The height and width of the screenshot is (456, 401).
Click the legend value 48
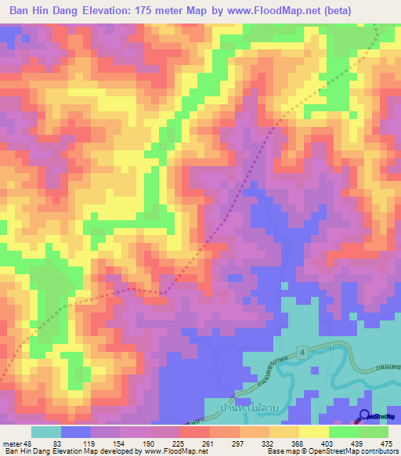click(x=31, y=443)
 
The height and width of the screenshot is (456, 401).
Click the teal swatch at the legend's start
click(x=46, y=432)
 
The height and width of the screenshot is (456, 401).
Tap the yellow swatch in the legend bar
click(x=313, y=432)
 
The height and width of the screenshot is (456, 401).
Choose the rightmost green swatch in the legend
click(x=374, y=432)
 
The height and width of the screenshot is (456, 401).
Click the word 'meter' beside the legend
click(x=13, y=443)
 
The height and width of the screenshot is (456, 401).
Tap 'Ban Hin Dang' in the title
click(x=44, y=11)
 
